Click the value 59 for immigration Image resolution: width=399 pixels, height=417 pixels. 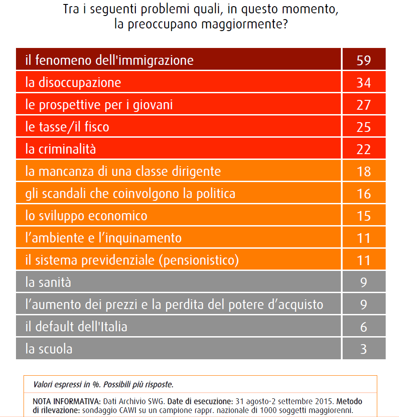click(x=363, y=60)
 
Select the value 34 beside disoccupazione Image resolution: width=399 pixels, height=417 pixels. click(x=363, y=83)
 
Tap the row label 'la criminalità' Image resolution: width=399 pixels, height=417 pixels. click(x=61, y=149)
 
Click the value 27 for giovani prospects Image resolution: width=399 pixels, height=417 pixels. click(x=363, y=105)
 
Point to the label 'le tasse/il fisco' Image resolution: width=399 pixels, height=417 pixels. click(x=67, y=127)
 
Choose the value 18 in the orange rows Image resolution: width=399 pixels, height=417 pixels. click(x=363, y=171)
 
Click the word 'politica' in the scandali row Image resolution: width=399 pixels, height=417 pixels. click(x=216, y=194)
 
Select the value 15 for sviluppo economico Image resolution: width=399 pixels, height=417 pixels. click(x=363, y=216)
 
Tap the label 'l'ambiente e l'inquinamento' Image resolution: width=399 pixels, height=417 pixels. click(x=103, y=238)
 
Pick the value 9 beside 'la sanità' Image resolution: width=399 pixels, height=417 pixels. click(x=363, y=282)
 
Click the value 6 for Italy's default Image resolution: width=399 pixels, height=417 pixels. click(x=363, y=327)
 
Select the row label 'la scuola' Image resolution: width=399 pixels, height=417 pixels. click(x=49, y=349)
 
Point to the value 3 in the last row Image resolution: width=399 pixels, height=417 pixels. click(x=363, y=349)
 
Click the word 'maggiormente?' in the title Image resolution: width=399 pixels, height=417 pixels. click(x=245, y=24)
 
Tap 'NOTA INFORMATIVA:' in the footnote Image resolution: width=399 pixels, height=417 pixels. click(x=67, y=401)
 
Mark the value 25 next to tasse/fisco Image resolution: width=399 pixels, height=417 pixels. click(x=363, y=127)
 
